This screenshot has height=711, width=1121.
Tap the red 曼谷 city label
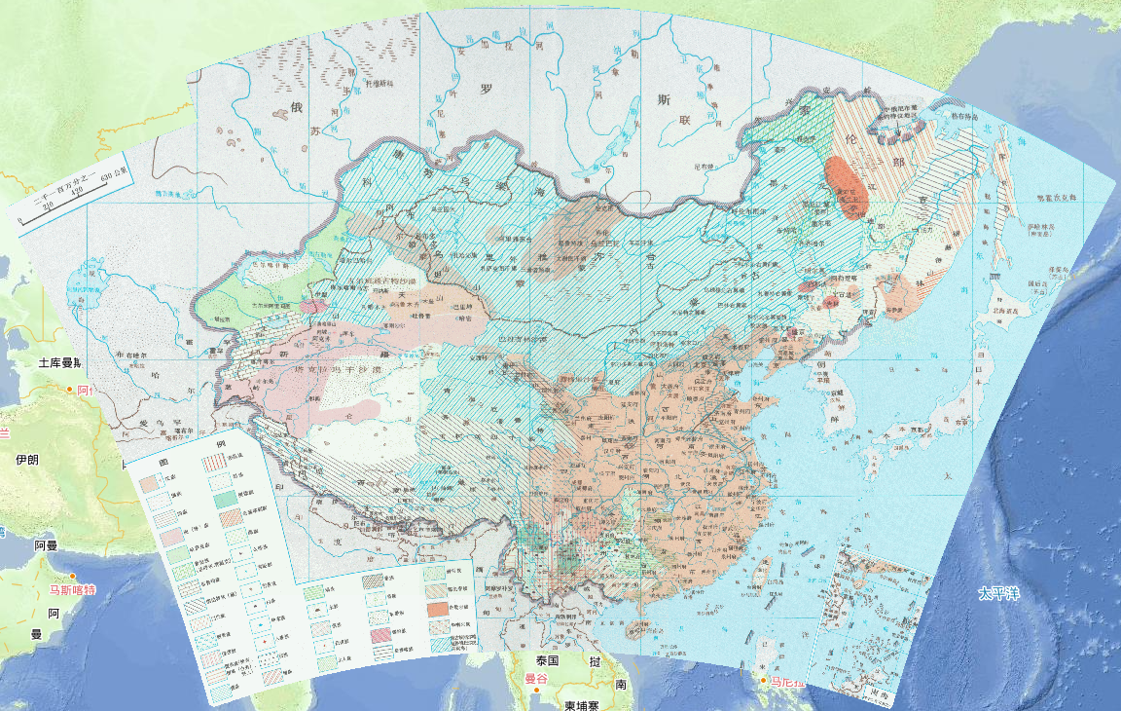click(x=536, y=679)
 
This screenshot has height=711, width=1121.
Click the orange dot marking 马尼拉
click(x=765, y=680)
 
